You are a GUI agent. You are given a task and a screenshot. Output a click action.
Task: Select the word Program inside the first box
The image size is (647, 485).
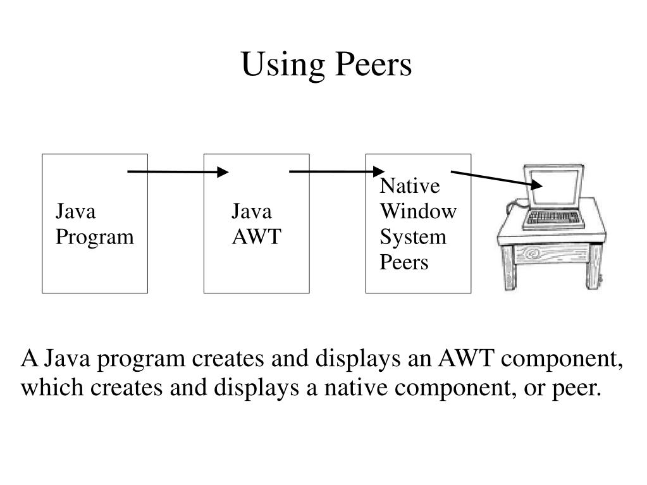pyautogui.click(x=94, y=237)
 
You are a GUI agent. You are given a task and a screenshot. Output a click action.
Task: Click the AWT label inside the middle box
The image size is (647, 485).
pyautogui.click(x=256, y=237)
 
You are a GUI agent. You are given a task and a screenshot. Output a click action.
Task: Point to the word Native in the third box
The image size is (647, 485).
pyautogui.click(x=409, y=187)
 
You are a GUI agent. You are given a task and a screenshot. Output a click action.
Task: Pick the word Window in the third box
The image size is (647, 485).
pyautogui.click(x=417, y=212)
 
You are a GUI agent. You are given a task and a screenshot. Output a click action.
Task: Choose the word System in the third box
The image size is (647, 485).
pyautogui.click(x=413, y=237)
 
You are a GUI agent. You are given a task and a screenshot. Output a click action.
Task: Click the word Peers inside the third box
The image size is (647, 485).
pyautogui.click(x=404, y=262)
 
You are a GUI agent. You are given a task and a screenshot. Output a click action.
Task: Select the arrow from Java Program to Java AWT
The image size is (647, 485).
pyautogui.click(x=178, y=171)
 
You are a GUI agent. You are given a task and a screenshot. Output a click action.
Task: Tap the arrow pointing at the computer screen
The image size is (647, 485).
pyautogui.click(x=496, y=178)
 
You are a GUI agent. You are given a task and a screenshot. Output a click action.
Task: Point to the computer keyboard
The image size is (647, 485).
pyautogui.click(x=554, y=219)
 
